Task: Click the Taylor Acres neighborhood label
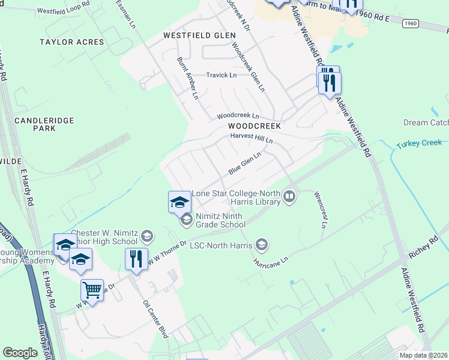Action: pos(71,42)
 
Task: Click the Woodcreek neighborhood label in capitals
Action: pos(255,127)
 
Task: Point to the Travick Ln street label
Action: pos(221,75)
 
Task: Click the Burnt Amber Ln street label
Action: pos(187,78)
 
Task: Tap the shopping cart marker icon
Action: pos(92,290)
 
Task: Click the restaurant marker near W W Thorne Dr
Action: pos(136,259)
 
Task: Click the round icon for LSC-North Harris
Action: pos(261,244)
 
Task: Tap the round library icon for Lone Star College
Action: pos(289,197)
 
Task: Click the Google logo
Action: pos(20,352)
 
